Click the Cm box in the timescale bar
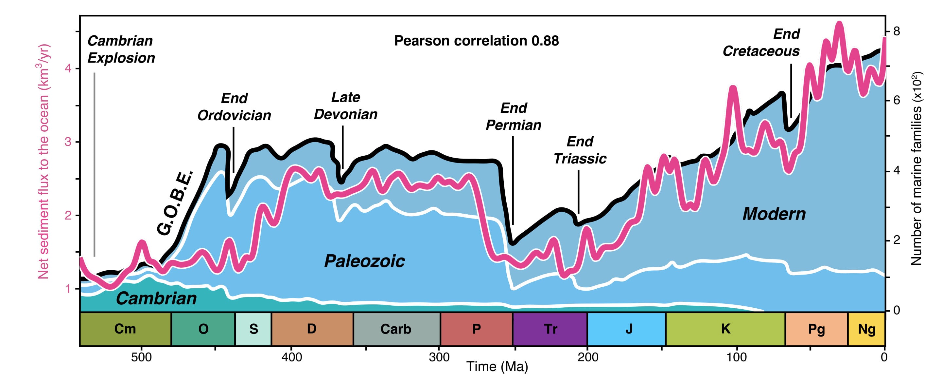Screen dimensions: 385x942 point(125,329)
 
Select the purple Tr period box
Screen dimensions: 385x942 point(550,329)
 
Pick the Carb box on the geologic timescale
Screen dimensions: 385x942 point(396,329)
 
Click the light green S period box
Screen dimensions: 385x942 point(253,329)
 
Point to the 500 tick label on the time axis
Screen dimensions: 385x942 point(142,357)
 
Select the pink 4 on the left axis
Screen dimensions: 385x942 point(68,69)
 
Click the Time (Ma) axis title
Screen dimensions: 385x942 point(497,366)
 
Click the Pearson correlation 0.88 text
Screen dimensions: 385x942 point(476,41)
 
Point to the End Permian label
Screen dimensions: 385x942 point(514,117)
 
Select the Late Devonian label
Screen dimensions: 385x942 point(346,106)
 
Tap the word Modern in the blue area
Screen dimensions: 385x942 point(774,214)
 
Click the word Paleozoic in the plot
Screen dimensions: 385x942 point(365,261)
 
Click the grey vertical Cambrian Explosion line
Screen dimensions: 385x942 point(94,165)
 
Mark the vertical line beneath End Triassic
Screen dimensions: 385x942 point(579,192)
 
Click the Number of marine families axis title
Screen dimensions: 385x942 point(916,168)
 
